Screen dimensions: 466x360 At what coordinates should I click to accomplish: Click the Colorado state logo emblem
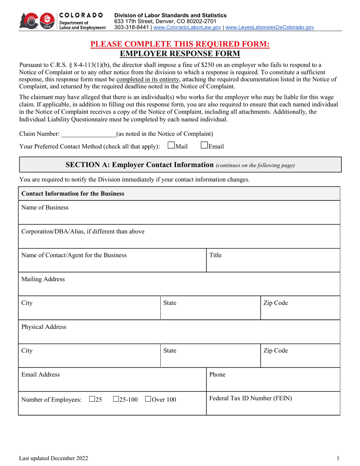pos(36,21)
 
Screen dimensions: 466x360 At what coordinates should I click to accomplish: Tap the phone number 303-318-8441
pos(131,28)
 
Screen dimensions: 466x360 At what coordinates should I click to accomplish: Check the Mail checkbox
pos(171,145)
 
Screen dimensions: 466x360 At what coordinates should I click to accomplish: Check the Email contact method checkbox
pos(204,145)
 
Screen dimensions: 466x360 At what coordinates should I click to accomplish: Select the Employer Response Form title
pos(180,54)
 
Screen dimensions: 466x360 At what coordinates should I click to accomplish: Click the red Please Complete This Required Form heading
pos(180,44)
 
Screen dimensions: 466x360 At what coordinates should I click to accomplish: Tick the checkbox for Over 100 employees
pos(148,399)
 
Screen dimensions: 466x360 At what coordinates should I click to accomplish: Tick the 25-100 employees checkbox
pos(116,399)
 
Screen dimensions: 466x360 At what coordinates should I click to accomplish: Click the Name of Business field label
pos(45,208)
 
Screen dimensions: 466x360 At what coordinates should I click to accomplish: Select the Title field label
pos(215,255)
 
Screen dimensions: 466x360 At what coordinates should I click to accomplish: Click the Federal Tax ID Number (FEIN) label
pos(250,399)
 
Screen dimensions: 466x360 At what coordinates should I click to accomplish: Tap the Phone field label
pos(217,375)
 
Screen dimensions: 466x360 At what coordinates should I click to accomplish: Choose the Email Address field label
pos(41,375)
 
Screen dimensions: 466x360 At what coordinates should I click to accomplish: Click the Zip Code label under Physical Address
pos(275,351)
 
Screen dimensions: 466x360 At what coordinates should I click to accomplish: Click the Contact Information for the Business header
pos(73,194)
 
